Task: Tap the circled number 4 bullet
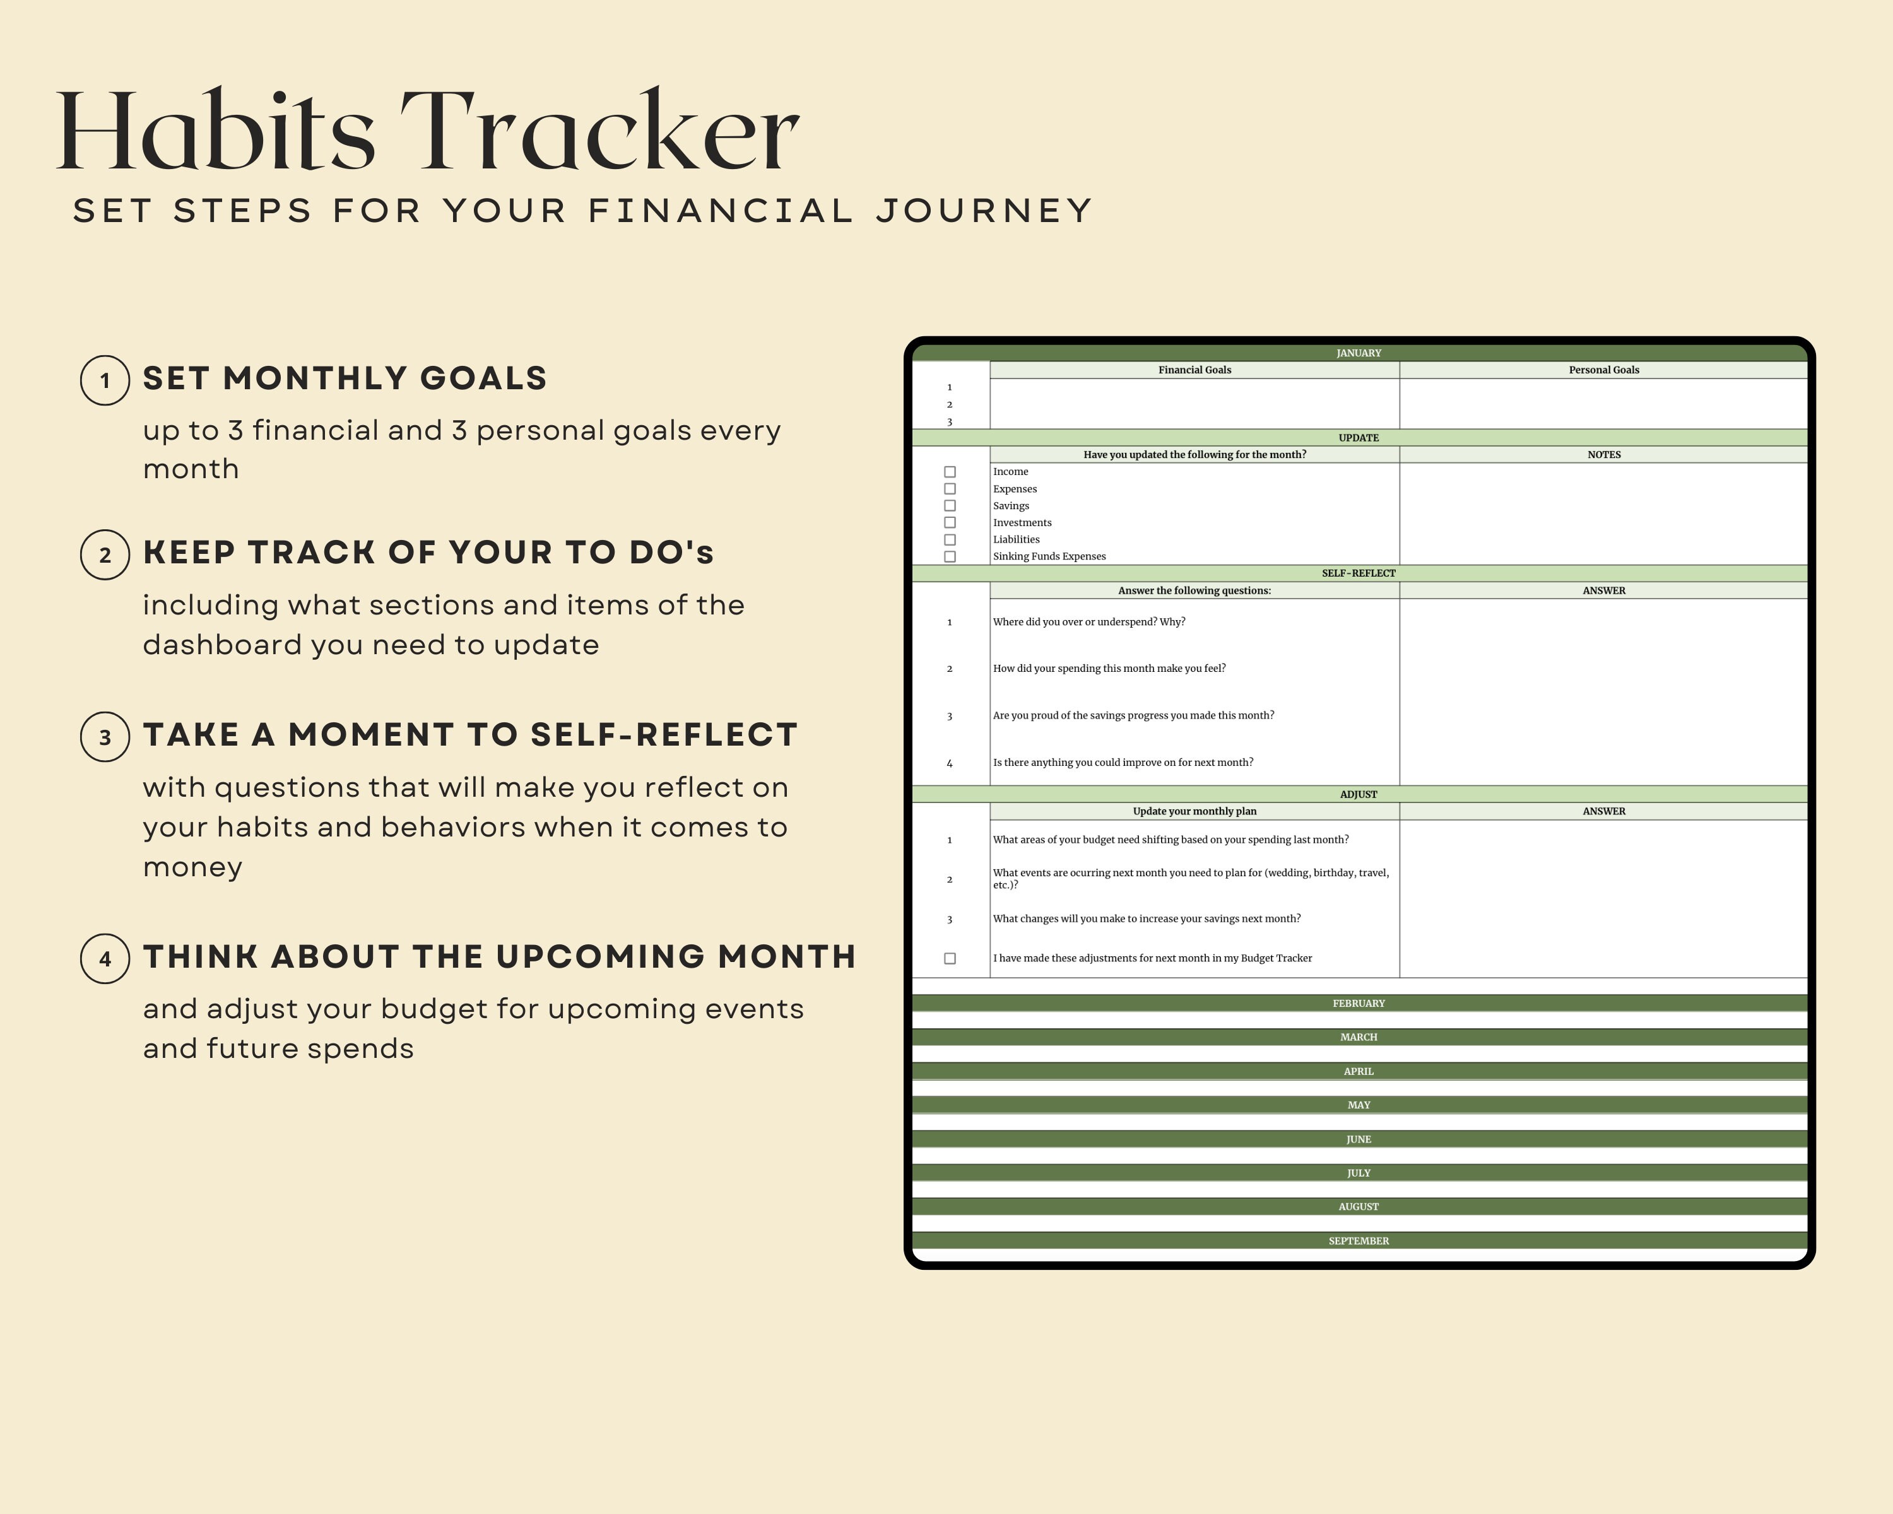[x=105, y=958]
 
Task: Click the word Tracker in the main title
[x=599, y=132]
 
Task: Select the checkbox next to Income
[x=949, y=472]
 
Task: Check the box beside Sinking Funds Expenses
[x=949, y=556]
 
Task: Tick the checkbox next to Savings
[x=949, y=505]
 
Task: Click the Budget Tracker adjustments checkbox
[x=949, y=958]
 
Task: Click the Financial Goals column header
[x=1194, y=370]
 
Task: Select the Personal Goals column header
[x=1603, y=370]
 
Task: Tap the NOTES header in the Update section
[x=1603, y=455]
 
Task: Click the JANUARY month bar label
[x=1359, y=353]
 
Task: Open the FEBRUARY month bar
[x=1359, y=1003]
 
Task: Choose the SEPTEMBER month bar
[x=1359, y=1241]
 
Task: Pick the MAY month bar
[x=1359, y=1105]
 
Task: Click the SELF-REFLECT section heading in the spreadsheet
[x=1359, y=573]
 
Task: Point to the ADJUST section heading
[x=1359, y=794]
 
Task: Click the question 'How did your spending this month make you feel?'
[x=1109, y=669]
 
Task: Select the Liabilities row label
[x=1016, y=540]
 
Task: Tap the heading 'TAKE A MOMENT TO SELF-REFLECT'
[x=469, y=735]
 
